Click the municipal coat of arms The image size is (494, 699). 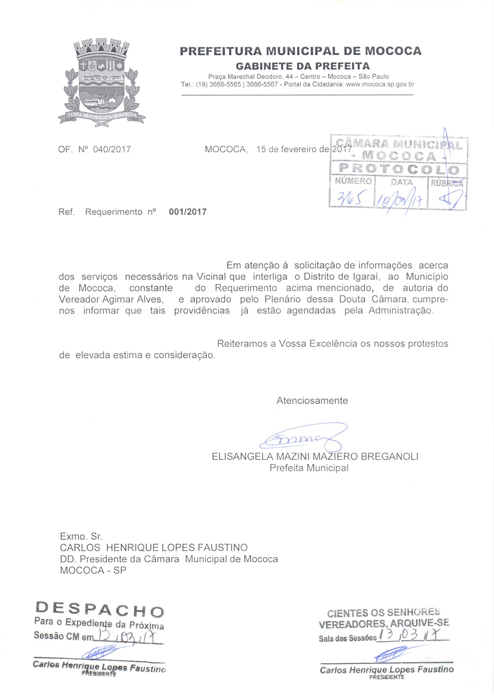[102, 82]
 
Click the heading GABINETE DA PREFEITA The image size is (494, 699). [303, 66]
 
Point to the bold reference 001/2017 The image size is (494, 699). [187, 212]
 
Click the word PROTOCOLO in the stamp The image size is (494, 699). [398, 168]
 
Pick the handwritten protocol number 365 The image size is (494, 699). [350, 200]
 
